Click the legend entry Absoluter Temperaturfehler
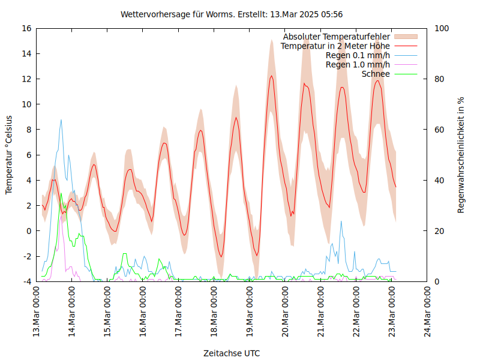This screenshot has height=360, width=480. click(336, 37)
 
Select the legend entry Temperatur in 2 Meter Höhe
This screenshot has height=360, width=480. click(335, 46)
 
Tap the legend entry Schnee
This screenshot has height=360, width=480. click(376, 74)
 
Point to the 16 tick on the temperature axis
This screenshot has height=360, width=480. click(26, 28)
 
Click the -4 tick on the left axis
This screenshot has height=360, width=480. click(26, 281)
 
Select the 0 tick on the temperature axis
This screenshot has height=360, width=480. click(28, 231)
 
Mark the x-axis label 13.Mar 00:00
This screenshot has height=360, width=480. click(36, 312)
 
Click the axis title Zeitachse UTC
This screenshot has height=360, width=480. click(232, 353)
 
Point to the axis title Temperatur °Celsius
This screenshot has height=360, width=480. click(9, 155)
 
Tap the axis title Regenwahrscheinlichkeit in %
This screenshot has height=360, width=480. click(461, 155)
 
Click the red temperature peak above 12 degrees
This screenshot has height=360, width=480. click(271, 76)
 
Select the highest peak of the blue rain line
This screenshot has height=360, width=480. click(61, 120)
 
